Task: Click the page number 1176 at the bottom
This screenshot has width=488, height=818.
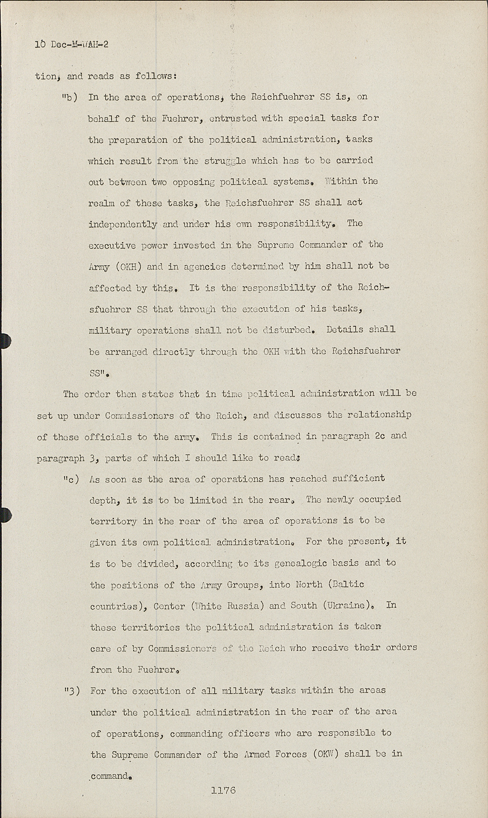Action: (223, 790)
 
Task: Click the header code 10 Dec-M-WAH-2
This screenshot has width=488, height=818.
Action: (72, 44)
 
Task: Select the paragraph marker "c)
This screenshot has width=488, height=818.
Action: (71, 480)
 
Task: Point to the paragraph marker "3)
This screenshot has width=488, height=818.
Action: (72, 691)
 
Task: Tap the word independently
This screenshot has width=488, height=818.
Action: (123, 224)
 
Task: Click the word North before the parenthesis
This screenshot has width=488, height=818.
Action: (309, 584)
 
